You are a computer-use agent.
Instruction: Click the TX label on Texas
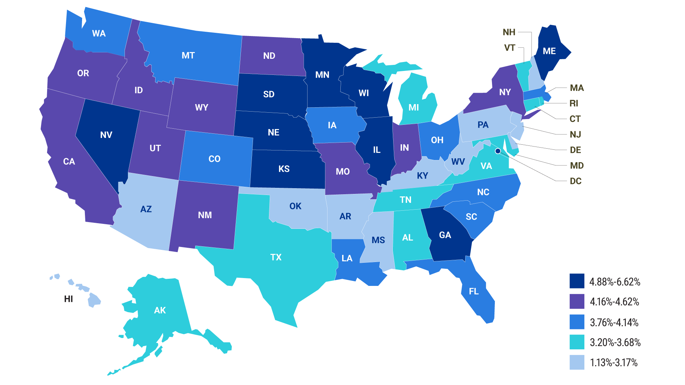[x=276, y=257]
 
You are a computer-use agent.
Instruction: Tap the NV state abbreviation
[x=106, y=135]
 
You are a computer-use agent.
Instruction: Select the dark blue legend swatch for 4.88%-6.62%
[x=577, y=281]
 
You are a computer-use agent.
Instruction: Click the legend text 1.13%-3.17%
[x=614, y=363]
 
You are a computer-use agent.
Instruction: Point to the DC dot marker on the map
[x=498, y=151]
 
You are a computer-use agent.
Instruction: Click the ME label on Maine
[x=549, y=51]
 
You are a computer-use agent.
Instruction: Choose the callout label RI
[x=574, y=103]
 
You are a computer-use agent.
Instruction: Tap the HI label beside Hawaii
[x=68, y=299]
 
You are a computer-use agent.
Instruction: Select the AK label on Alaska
[x=160, y=310]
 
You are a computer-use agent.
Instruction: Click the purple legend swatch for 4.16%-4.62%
[x=577, y=301]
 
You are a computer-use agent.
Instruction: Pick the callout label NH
[x=509, y=32]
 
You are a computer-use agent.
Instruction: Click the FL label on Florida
[x=474, y=291]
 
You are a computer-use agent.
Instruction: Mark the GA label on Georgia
[x=445, y=235]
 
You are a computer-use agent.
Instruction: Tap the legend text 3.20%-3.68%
[x=615, y=342]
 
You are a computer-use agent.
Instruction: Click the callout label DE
[x=575, y=150]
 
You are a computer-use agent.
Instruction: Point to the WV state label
[x=458, y=162]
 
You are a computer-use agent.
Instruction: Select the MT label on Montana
[x=188, y=56]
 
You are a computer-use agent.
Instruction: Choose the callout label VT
[x=509, y=48]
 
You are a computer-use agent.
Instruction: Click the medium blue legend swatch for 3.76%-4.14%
[x=577, y=322]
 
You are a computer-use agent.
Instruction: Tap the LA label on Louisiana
[x=347, y=258]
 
